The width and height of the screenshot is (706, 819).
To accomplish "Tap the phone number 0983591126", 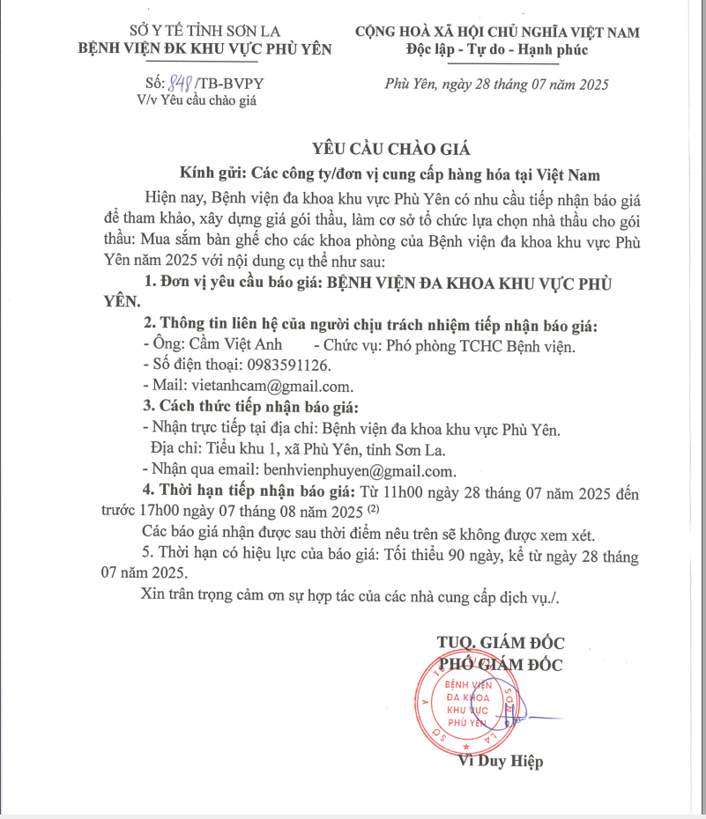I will point(284,365).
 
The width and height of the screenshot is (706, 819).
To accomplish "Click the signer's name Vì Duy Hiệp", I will point(501,761).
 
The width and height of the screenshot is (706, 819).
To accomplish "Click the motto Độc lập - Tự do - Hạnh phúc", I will point(497,49).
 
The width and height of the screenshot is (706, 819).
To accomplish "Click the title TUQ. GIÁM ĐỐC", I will point(501,642).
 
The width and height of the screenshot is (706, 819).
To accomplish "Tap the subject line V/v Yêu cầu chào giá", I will point(196,100).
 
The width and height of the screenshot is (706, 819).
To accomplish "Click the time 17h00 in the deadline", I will point(172,512).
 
